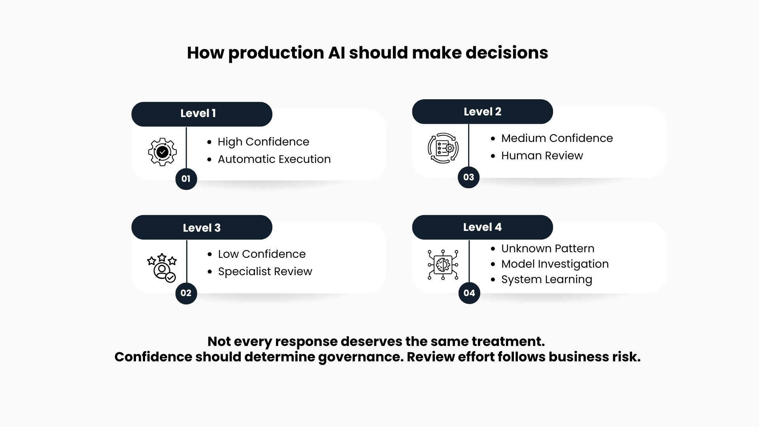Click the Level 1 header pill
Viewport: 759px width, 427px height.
click(x=202, y=114)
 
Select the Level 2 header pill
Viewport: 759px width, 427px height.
click(x=482, y=111)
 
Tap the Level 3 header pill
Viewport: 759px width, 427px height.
click(x=202, y=227)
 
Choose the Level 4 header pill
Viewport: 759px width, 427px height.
click(x=482, y=227)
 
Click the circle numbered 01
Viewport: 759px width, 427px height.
click(x=186, y=179)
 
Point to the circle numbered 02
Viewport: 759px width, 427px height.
click(x=186, y=293)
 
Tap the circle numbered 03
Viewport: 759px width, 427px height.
click(x=468, y=177)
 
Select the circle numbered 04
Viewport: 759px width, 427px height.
click(x=469, y=293)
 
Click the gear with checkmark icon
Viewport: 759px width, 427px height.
click(x=162, y=152)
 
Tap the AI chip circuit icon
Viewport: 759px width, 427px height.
click(x=443, y=265)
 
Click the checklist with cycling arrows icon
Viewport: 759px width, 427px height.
click(x=443, y=148)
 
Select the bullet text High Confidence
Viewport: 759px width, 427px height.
click(x=263, y=142)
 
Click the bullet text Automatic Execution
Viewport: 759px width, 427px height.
click(x=274, y=159)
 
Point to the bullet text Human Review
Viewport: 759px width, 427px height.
click(x=542, y=156)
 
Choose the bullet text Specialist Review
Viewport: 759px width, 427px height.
click(x=265, y=272)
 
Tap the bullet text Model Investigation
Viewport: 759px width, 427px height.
click(x=555, y=264)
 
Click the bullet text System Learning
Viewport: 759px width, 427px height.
click(x=547, y=280)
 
